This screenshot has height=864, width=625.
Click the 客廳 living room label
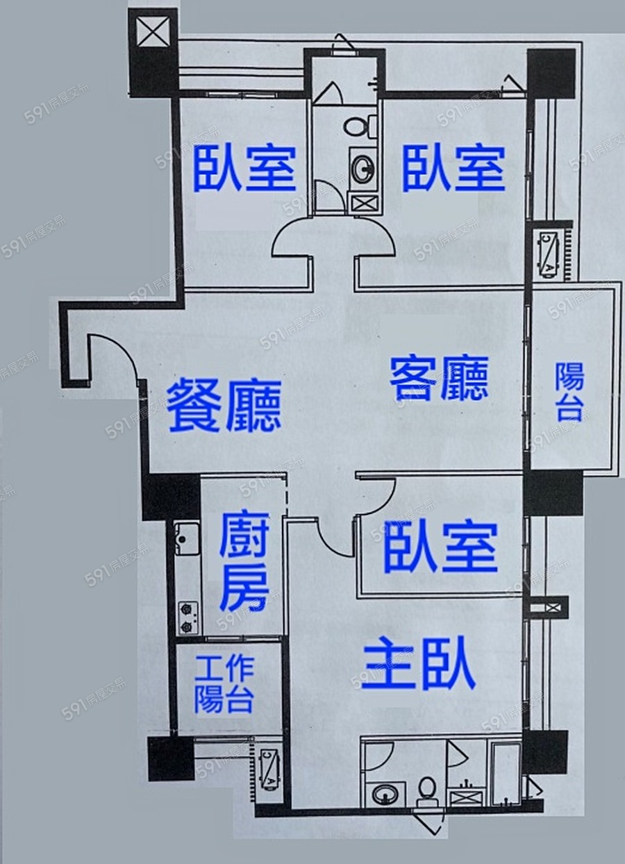click(439, 378)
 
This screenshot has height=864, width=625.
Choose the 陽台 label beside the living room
click(569, 392)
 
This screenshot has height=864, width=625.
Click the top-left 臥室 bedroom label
click(245, 169)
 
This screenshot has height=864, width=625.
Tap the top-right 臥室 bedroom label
click(453, 169)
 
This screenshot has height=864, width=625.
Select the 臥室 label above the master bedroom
click(440, 549)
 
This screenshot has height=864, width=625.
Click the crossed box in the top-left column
click(153, 33)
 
